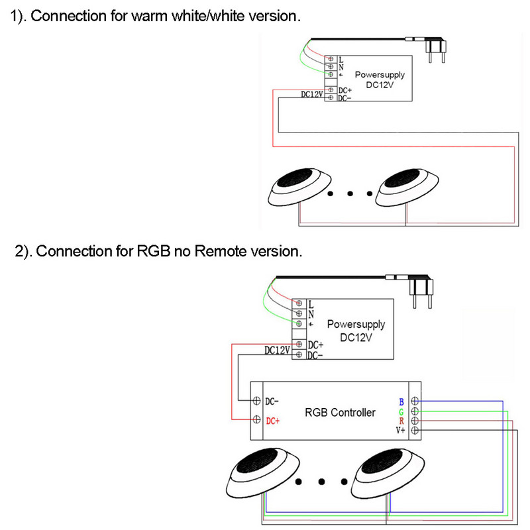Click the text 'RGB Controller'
click(340, 413)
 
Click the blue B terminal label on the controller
click(401, 402)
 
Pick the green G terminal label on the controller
click(401, 412)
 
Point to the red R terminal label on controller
click(401, 421)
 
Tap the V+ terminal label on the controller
click(400, 431)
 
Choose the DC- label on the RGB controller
click(272, 401)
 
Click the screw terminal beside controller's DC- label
click(256, 401)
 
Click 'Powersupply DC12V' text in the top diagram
click(380, 80)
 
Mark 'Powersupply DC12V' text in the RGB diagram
click(356, 331)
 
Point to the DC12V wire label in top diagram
click(311, 95)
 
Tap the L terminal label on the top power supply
click(341, 60)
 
